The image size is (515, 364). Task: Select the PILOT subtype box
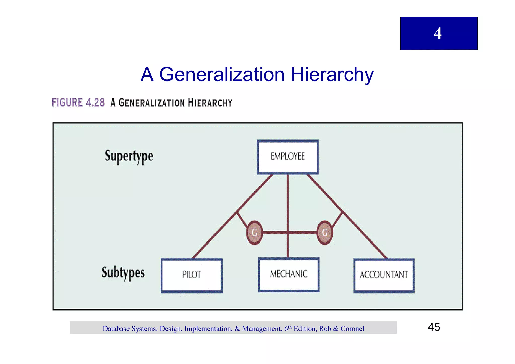192,275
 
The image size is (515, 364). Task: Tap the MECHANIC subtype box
289,274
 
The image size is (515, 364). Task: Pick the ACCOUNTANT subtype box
384,275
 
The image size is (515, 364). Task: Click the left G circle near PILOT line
254,233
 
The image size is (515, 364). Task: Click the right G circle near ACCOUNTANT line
325,233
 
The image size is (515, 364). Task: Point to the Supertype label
129,156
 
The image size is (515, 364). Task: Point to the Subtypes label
123,273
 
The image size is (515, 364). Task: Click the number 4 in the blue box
438,33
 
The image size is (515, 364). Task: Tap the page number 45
434,327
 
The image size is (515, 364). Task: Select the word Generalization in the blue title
222,75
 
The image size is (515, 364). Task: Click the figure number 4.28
95,103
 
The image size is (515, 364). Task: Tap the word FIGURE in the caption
67,103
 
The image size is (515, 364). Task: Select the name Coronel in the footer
352,329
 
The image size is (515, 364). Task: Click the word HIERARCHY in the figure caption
210,103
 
